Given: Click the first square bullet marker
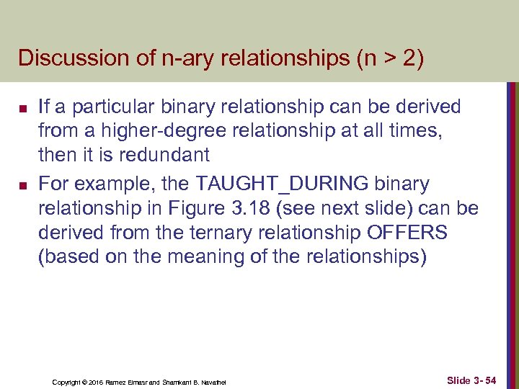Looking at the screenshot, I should pos(22,109).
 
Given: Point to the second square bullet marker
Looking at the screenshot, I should pos(22,186).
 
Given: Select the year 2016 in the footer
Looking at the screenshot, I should pos(96,382).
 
